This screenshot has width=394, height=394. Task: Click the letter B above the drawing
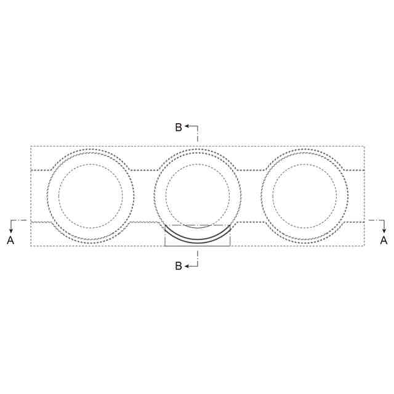179,127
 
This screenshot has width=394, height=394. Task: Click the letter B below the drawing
179,266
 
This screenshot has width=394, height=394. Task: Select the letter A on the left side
10,241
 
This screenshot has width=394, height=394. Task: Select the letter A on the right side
384,241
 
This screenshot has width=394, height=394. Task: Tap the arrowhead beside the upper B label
187,126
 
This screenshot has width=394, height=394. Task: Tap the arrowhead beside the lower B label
187,266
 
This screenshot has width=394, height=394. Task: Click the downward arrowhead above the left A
11,231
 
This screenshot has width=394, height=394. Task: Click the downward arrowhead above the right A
384,231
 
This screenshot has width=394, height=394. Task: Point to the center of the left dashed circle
90,196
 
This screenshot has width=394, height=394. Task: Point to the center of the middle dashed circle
198,196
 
